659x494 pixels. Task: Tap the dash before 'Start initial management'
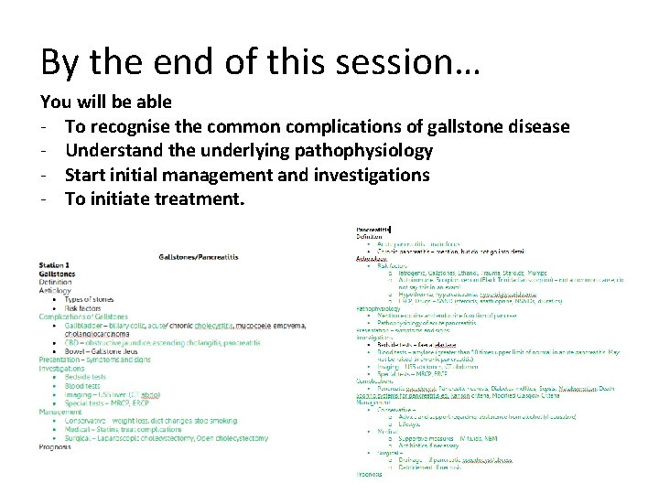[x=45, y=174]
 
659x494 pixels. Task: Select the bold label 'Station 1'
[x=55, y=265]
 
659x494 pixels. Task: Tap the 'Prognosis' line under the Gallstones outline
[x=54, y=446]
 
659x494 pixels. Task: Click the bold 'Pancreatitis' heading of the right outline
[x=373, y=230]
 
